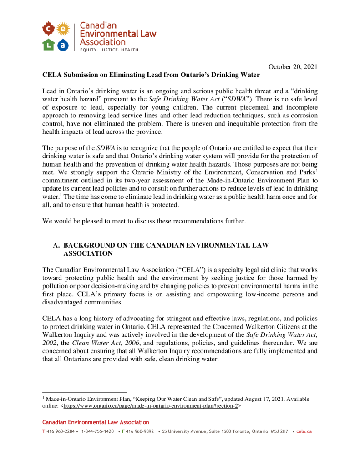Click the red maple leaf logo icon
(49, 29)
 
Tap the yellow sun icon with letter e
(63, 29)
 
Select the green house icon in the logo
(49, 44)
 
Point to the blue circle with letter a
(63, 44)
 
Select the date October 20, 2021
(293, 67)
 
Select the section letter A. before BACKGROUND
(57, 245)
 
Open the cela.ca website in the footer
(304, 431)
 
